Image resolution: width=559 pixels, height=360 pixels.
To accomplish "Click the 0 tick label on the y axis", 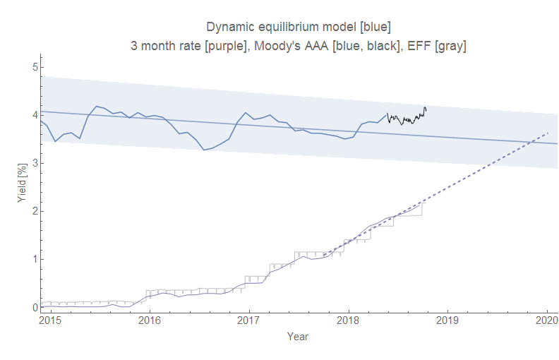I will pos(33,308).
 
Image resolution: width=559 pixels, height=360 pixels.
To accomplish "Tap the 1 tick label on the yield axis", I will pos(33,259).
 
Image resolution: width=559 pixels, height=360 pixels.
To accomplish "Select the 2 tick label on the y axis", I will pos(33,211).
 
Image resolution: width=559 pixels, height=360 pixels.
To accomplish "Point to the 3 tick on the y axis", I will pos(33,163).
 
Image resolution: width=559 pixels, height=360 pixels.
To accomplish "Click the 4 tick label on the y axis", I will pos(33,115).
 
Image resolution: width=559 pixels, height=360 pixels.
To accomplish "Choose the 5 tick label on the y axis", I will pos(33,67).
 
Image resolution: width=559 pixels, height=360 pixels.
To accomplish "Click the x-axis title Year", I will pos(298,337).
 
